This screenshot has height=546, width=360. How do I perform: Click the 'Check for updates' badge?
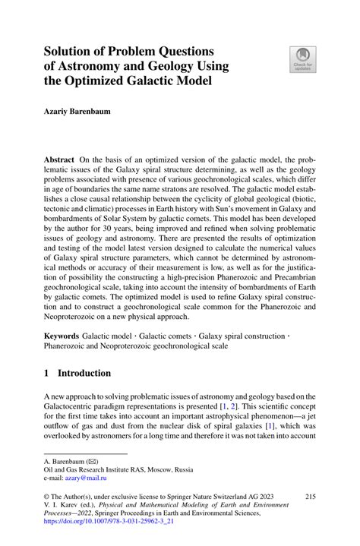pyautogui.click(x=303, y=58)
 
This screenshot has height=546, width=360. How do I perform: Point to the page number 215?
pyautogui.click(x=309, y=494)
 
